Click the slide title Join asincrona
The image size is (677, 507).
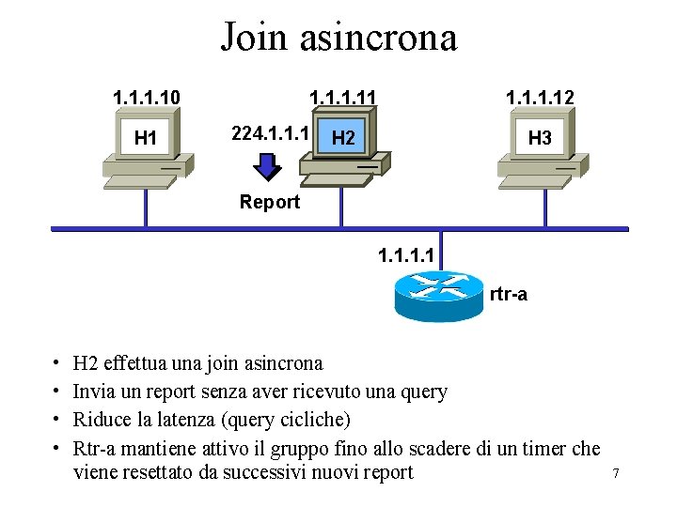pos(338,38)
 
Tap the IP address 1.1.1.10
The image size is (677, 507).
pos(147,97)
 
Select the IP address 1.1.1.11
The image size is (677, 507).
pos(343,97)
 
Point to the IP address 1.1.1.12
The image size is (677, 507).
pos(540,97)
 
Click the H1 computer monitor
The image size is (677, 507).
pos(146,138)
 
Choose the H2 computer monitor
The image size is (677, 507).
pos(343,138)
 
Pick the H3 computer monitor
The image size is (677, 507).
pos(540,138)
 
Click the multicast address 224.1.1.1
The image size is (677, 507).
pos(271,133)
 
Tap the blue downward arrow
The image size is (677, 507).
pos(269,166)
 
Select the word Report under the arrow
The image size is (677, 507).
pos(270,202)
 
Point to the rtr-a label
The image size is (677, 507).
pos(509,295)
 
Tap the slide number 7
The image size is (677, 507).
pos(615,473)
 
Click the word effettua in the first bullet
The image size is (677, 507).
pos(139,363)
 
